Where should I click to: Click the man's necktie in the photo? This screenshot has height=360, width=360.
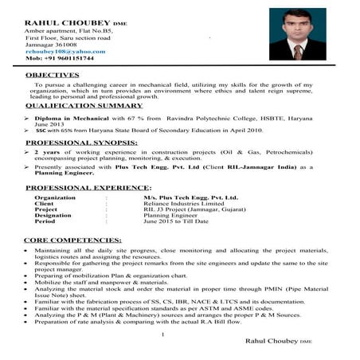[296, 53]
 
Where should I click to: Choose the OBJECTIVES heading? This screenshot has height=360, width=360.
[53, 74]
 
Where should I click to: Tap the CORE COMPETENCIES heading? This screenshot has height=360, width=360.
[72, 239]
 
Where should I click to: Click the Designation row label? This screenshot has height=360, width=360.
[53, 214]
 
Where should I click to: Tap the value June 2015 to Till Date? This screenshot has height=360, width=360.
[175, 221]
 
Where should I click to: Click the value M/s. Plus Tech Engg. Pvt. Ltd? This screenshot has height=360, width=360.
[186, 196]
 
